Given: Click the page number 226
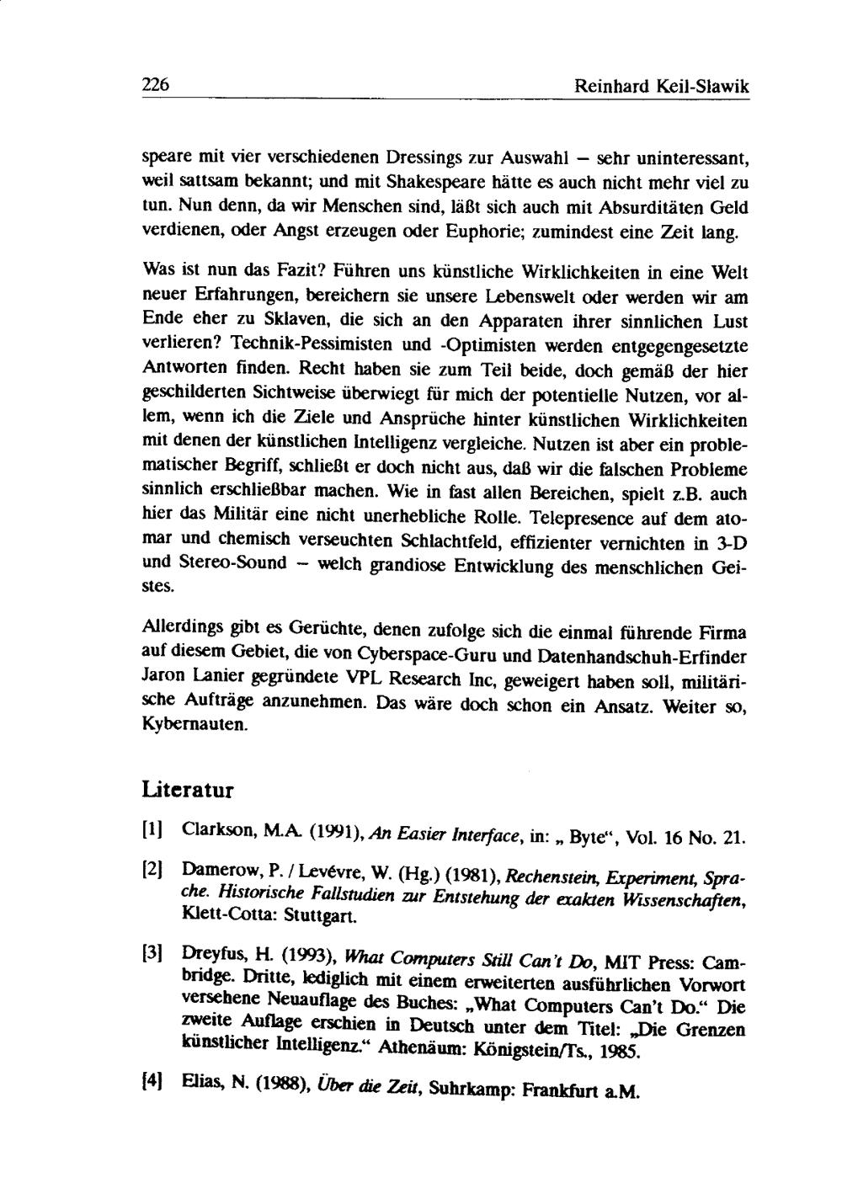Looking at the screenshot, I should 156,85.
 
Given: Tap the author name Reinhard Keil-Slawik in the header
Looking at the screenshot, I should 661,86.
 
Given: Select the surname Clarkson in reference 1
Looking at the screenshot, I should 215,834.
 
